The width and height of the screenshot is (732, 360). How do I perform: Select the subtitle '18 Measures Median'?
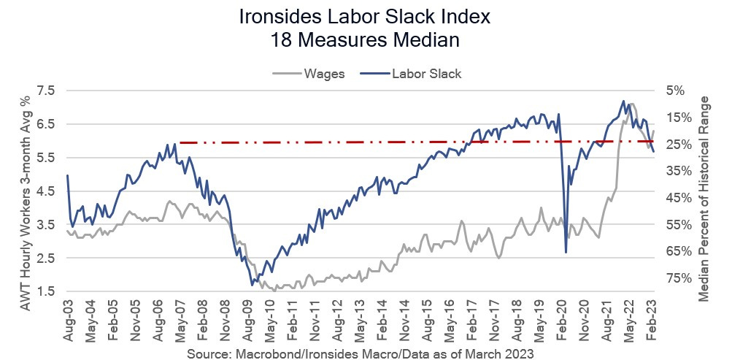[x=366, y=40]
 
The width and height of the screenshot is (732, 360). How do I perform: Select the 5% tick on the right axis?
[x=675, y=91]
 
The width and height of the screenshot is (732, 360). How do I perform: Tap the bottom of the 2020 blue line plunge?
[x=566, y=253]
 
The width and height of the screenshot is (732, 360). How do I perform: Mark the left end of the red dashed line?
[x=180, y=142]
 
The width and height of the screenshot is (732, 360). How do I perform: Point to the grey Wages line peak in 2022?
[x=631, y=104]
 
